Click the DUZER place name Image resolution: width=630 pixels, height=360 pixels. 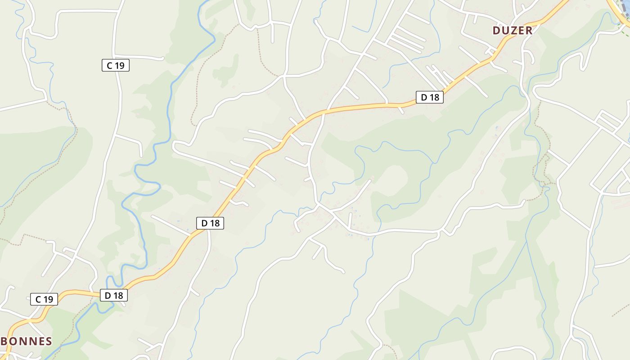pyautogui.click(x=513, y=31)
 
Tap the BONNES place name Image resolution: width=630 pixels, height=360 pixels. pyautogui.click(x=27, y=341)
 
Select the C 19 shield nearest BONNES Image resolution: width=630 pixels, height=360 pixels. pyautogui.click(x=44, y=299)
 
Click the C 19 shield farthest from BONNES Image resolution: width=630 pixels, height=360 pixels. pyautogui.click(x=116, y=66)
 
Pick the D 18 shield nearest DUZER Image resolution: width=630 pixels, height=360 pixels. pyautogui.click(x=429, y=97)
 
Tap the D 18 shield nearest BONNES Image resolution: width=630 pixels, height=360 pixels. pyautogui.click(x=114, y=296)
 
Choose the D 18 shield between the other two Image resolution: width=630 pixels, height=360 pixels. pyautogui.click(x=210, y=223)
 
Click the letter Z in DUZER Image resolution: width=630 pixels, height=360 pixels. pyautogui.click(x=513, y=31)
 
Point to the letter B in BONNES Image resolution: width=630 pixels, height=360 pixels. pyautogui.click(x=4, y=341)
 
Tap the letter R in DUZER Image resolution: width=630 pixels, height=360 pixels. pyautogui.click(x=529, y=31)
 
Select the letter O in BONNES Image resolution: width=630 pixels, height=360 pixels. pyautogui.click(x=13, y=341)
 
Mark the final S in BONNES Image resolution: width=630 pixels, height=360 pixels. pyautogui.click(x=49, y=341)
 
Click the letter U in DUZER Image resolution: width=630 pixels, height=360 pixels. pyautogui.click(x=505, y=31)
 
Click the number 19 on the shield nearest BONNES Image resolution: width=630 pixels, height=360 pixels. pyautogui.click(x=49, y=299)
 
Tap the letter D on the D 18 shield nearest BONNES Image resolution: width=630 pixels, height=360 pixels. pyautogui.click(x=108, y=296)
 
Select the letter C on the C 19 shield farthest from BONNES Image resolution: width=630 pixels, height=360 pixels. pyautogui.click(x=109, y=66)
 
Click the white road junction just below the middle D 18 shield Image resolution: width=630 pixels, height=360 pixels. pyautogui.click(x=208, y=231)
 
